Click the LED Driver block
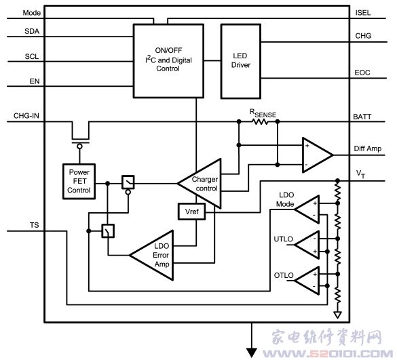click(x=241, y=61)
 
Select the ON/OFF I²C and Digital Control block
click(x=168, y=61)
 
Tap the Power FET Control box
click(x=79, y=182)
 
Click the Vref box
click(x=191, y=212)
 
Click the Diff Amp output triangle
click(x=317, y=155)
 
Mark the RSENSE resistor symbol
click(x=260, y=122)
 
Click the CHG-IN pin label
click(x=26, y=116)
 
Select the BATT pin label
click(x=362, y=117)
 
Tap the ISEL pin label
click(x=363, y=13)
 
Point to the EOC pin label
click(x=362, y=73)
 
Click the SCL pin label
click(x=32, y=56)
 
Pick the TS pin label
click(x=35, y=225)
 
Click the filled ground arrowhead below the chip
click(x=252, y=353)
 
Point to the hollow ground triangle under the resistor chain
click(x=337, y=315)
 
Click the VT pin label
click(x=360, y=174)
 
